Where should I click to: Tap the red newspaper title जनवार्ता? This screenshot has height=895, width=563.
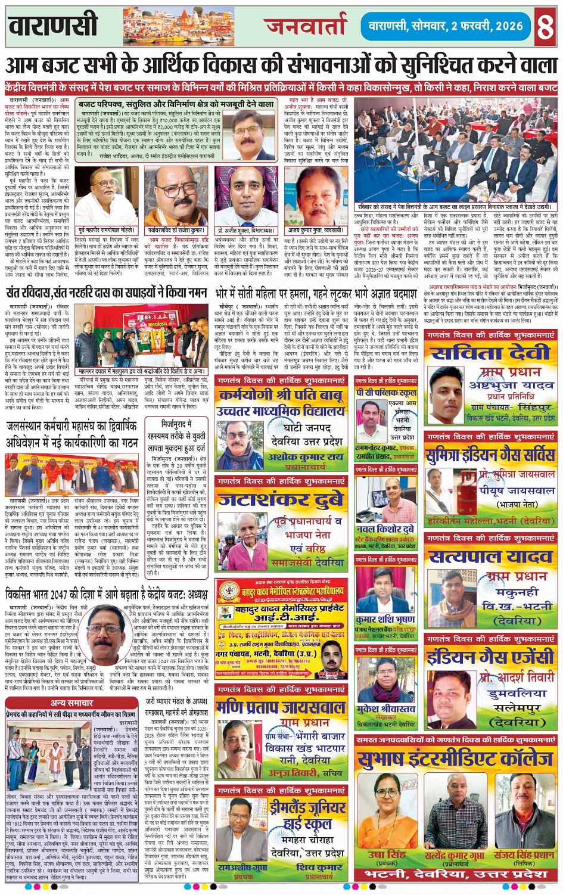pos(304,26)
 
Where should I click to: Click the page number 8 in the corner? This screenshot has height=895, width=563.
pos(545,26)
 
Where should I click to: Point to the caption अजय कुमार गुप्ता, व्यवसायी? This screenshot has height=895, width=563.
pos(315,230)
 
